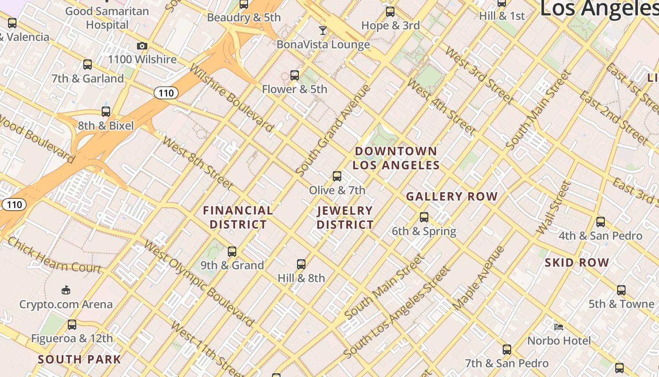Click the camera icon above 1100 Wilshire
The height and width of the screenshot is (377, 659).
142,46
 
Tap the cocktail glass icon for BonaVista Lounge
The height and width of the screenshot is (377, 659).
322,31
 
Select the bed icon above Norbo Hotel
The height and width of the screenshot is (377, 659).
559,327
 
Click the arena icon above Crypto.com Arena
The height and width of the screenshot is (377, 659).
66,290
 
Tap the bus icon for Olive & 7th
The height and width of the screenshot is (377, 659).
337,176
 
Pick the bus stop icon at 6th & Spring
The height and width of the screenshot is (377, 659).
424,217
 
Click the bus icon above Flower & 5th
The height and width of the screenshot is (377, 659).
294,75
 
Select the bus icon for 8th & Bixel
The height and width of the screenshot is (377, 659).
106,112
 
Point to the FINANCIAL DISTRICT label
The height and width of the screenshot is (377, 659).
238,217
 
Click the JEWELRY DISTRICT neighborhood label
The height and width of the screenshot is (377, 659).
345,217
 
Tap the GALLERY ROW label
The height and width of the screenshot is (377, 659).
452,197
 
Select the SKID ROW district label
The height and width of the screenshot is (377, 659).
577,262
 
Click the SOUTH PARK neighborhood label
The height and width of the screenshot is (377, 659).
80,359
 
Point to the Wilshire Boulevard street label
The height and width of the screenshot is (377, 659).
231,98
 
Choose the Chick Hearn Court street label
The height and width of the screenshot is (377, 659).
55,255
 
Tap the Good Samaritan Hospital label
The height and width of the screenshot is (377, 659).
107,17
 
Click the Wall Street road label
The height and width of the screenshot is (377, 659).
553,208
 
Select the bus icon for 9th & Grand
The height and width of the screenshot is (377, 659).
232,251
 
